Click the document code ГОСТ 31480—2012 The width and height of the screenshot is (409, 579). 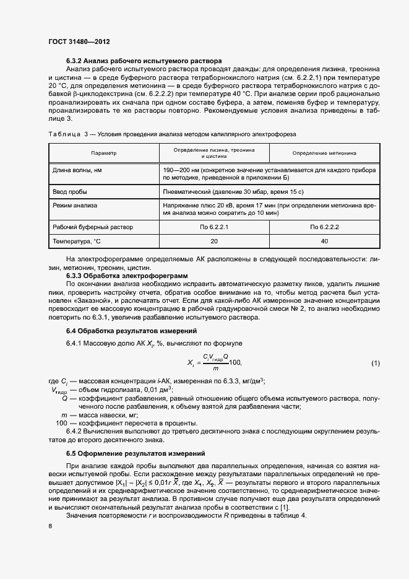pyautogui.click(x=74, y=42)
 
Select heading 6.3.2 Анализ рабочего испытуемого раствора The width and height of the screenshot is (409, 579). pyautogui.click(x=144, y=61)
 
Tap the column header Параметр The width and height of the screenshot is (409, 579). pyautogui.click(x=103, y=152)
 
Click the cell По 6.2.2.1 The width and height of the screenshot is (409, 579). pyautogui.click(x=214, y=227)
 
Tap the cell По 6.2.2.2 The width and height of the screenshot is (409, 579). pyautogui.click(x=324, y=227)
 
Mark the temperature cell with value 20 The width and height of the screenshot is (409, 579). pyautogui.click(x=214, y=242)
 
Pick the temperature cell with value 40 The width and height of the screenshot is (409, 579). pyautogui.click(x=324, y=242)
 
